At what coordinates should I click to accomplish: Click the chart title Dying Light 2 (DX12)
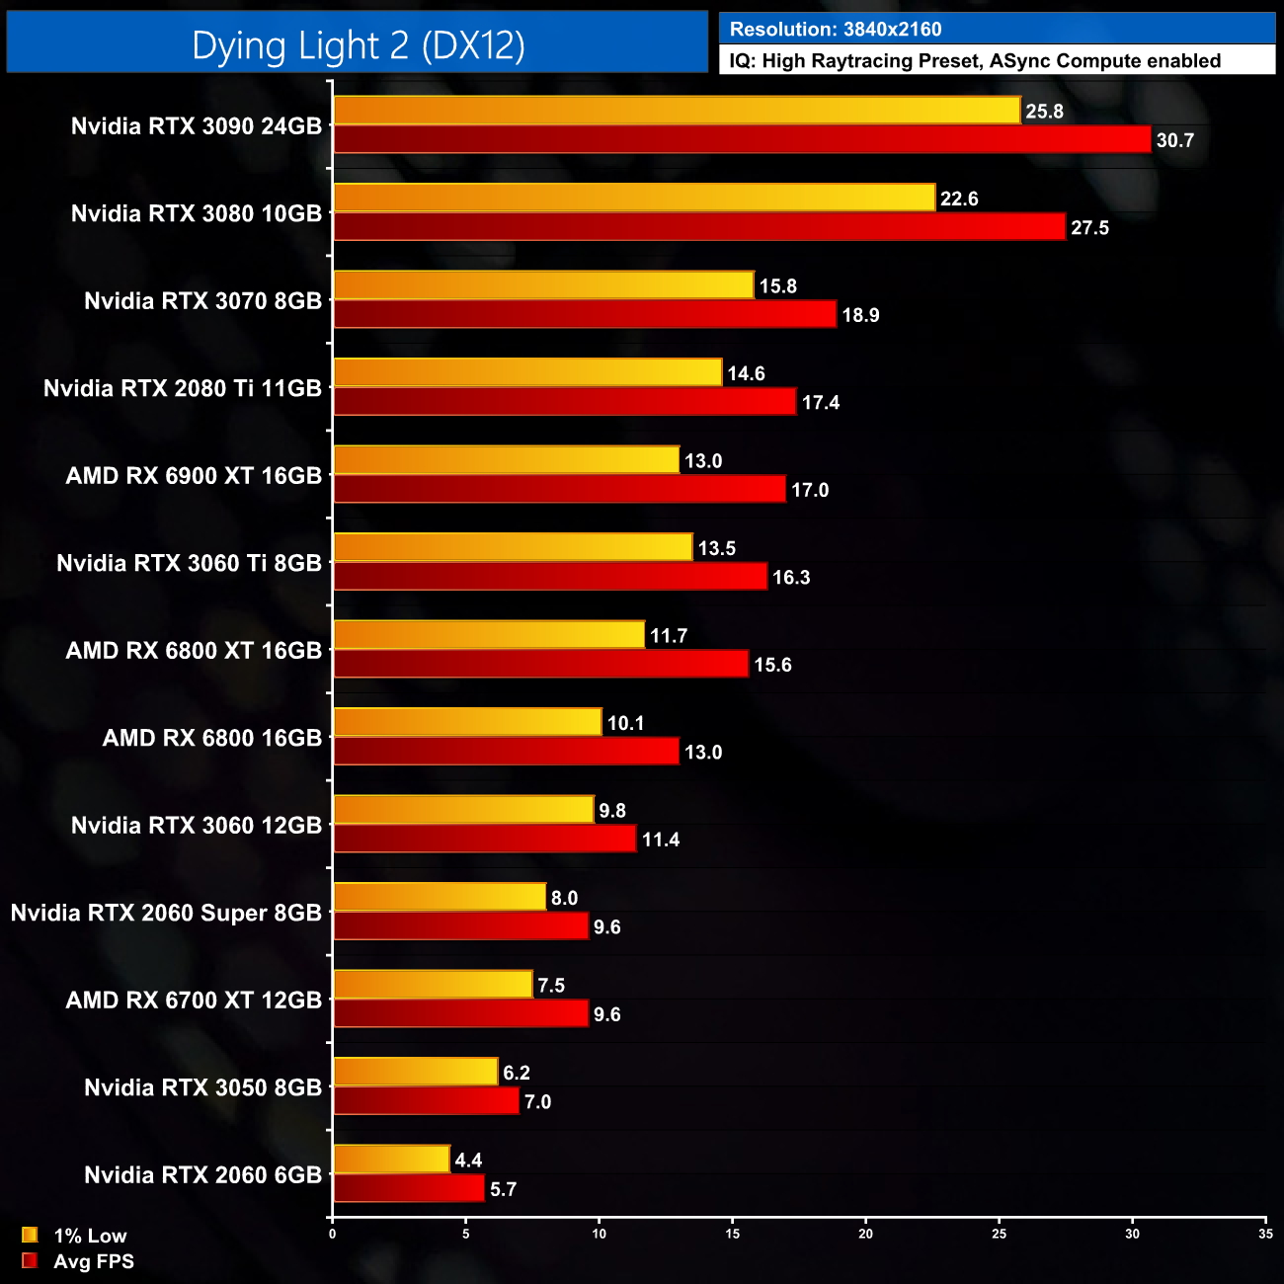[x=358, y=45]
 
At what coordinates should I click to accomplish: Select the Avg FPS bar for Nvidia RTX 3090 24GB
[x=742, y=139]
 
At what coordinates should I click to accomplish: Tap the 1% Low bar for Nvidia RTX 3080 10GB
[x=634, y=198]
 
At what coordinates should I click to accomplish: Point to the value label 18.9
[x=860, y=315]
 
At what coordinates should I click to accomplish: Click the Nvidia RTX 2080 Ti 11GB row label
[x=183, y=388]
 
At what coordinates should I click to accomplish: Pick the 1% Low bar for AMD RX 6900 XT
[x=507, y=460]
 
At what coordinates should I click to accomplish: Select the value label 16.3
[x=791, y=577]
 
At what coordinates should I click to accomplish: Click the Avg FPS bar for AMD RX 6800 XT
[x=541, y=664]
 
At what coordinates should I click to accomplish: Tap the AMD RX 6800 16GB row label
[x=212, y=738]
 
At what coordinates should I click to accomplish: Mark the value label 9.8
[x=612, y=811]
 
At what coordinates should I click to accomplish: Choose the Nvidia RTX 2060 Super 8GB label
[x=166, y=913]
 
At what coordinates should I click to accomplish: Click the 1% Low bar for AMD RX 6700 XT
[x=433, y=985]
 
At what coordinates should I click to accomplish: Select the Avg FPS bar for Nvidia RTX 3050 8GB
[x=426, y=1100]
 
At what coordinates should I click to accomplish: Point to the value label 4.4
[x=468, y=1161]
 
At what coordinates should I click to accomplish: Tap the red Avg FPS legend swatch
[x=30, y=1261]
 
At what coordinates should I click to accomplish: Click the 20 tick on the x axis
[x=866, y=1234]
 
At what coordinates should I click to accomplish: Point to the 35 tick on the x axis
[x=1265, y=1234]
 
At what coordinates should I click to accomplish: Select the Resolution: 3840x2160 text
[x=836, y=30]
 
